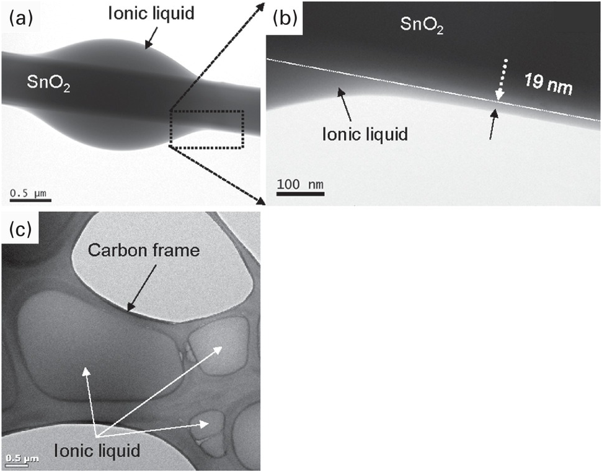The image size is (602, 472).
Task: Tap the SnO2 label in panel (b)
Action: coord(422,26)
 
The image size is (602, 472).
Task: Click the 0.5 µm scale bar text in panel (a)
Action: coord(29,193)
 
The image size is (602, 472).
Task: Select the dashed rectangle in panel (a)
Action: coord(206,129)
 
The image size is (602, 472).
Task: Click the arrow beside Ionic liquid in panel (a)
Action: coord(149,43)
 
